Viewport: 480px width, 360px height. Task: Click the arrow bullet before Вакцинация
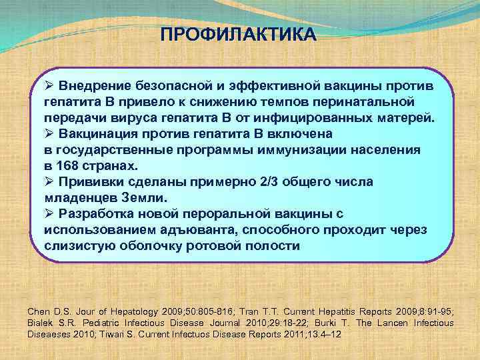pyautogui.click(x=49, y=134)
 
